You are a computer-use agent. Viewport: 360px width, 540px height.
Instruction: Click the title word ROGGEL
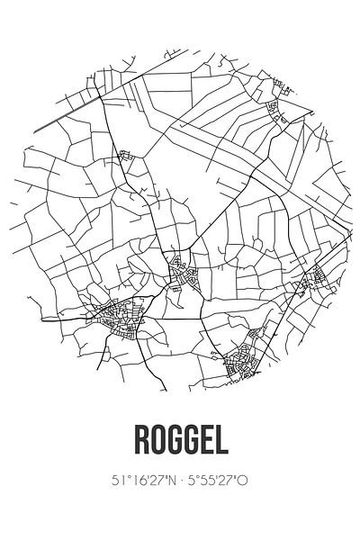tap(180, 439)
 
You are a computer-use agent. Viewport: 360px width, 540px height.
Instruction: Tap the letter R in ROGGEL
tap(140, 439)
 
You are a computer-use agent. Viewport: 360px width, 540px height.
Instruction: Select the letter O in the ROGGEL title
tap(157, 439)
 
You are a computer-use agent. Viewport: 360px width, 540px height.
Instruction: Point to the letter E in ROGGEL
tap(205, 439)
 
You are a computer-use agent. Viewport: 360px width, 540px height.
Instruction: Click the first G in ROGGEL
tap(173, 439)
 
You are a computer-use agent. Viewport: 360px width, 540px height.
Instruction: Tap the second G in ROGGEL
tap(189, 439)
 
